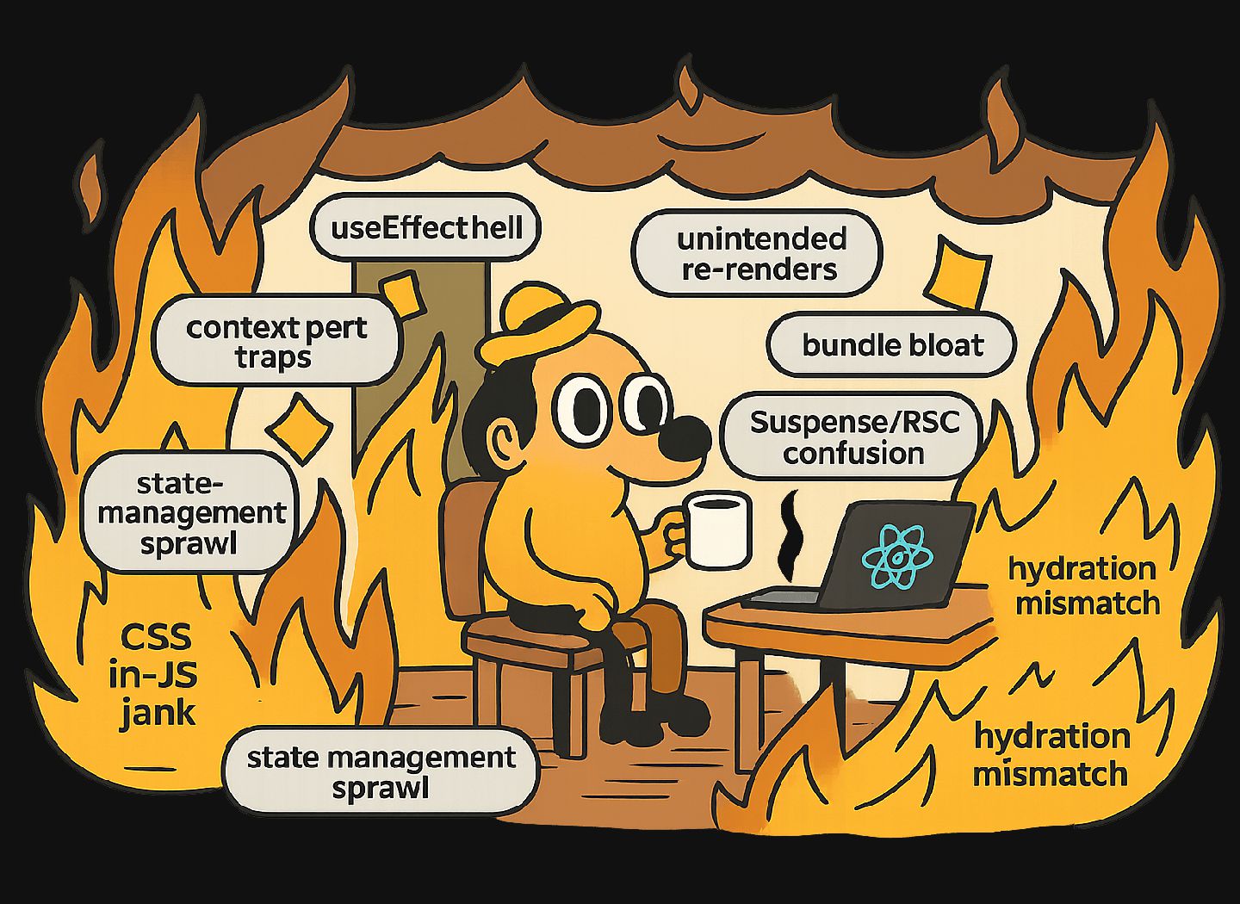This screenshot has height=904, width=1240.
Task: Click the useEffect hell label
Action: (426, 228)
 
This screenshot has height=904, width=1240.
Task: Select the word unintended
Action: (761, 238)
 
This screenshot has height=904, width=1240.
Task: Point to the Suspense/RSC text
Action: (853, 423)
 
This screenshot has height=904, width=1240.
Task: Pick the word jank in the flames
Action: (157, 713)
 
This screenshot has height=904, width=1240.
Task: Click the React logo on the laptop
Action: (898, 554)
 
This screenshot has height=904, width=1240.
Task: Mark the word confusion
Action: (853, 454)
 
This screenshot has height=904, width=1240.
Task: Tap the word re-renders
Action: (759, 269)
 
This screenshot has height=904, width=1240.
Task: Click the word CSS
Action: (155, 638)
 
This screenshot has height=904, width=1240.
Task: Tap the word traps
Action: (273, 357)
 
